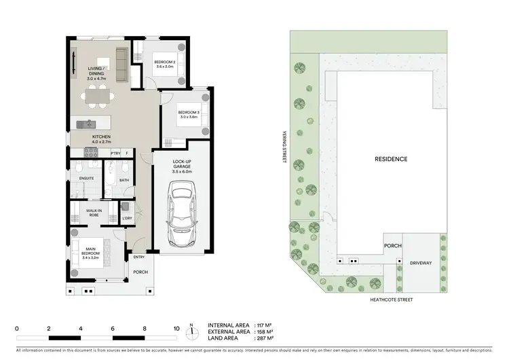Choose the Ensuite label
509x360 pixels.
pos(86,179)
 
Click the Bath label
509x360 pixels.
pos(124,180)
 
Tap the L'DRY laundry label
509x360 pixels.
pos(127,218)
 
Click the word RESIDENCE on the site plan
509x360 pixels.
pos(391,160)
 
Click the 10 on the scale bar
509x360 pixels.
pos(176,328)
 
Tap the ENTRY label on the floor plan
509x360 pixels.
pos(138,257)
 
